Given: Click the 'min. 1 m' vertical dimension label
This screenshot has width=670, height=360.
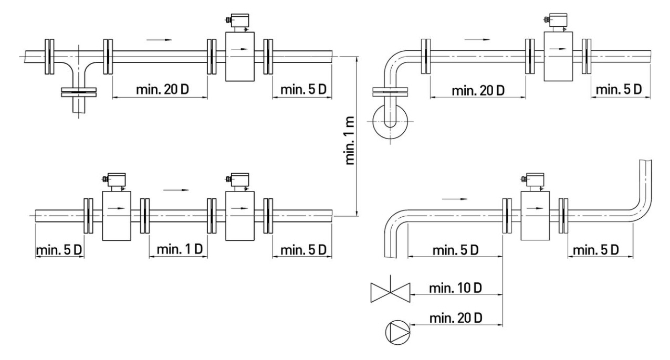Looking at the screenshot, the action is coord(350,140).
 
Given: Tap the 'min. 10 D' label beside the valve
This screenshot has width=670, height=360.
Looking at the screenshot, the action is coord(455,288).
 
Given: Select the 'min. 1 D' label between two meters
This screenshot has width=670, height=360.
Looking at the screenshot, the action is coord(180,249).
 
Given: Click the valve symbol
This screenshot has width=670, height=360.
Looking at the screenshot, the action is coord(390,292).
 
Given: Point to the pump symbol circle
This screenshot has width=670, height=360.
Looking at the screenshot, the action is coord(398,332).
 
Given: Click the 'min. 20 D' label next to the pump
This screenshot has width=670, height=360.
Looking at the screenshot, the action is coord(456,317).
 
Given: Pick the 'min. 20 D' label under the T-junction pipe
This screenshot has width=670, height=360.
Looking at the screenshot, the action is coord(162,89).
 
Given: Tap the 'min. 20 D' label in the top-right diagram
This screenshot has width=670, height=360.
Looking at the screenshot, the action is coord(478,90).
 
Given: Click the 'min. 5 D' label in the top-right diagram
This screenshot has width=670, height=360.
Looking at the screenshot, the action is coord(619,89).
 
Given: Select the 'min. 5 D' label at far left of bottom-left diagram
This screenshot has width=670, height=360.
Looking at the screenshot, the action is coord(59,250).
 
